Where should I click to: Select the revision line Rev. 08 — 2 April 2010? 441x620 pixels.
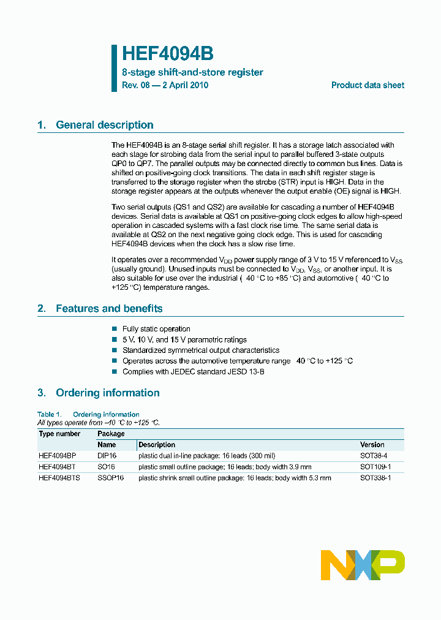165,85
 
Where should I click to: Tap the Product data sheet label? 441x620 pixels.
367,85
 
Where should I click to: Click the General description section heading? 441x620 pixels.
104,125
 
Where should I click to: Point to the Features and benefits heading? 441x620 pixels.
109,309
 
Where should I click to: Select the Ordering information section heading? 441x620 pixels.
107,393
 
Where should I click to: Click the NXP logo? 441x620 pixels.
363,565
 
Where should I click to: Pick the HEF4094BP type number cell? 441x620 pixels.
57,456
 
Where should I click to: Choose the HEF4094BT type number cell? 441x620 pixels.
57,467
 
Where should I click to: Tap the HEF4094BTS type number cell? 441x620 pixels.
59,478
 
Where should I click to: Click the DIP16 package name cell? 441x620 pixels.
107,456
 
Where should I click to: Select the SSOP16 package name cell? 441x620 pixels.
110,478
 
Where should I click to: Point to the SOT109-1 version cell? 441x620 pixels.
375,467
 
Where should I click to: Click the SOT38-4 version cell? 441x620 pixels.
374,456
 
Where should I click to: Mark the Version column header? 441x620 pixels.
372,445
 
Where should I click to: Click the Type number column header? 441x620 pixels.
59,434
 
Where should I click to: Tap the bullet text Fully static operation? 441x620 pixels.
156,329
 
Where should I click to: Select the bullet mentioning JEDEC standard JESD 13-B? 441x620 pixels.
193,372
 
